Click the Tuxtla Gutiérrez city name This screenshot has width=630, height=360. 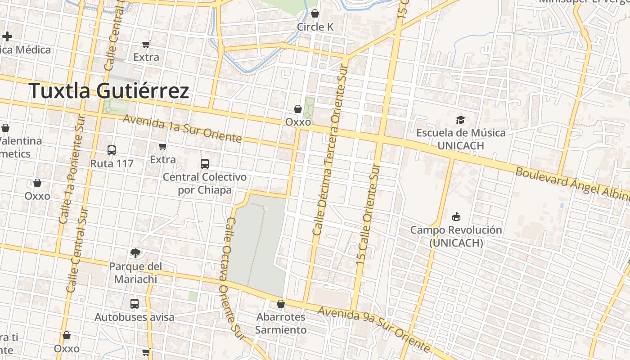pyautogui.click(x=109, y=91)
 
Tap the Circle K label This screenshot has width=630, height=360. pyautogui.click(x=315, y=27)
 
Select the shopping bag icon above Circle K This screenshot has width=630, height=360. pyautogui.click(x=315, y=13)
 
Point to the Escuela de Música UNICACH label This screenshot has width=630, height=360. pyautogui.click(x=460, y=139)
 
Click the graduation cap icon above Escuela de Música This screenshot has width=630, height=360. pyautogui.click(x=460, y=120)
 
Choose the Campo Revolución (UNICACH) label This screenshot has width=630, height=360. pyautogui.click(x=456, y=236)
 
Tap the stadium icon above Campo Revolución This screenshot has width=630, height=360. pyautogui.click(x=456, y=217)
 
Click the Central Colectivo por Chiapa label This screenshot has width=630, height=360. pyautogui.click(x=205, y=183)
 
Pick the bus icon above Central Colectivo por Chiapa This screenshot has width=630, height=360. pyautogui.click(x=205, y=163)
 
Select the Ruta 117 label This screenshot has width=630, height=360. pyautogui.click(x=112, y=163)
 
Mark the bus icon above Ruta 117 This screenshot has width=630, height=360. pyautogui.click(x=112, y=150)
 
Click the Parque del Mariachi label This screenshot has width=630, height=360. pyautogui.click(x=135, y=273)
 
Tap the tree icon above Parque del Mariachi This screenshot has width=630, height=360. pyautogui.click(x=135, y=253)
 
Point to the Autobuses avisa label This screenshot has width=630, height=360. pyautogui.click(x=134, y=317)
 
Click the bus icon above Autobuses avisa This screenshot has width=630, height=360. pyautogui.click(x=134, y=304)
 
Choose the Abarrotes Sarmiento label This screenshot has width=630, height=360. pyautogui.click(x=281, y=323)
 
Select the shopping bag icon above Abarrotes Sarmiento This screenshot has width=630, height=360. pyautogui.click(x=281, y=304)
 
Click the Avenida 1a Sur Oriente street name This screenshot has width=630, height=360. pyautogui.click(x=182, y=128)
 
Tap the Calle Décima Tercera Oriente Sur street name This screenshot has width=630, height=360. pyautogui.click(x=330, y=153)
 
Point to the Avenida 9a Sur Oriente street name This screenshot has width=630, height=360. pyautogui.click(x=373, y=329)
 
